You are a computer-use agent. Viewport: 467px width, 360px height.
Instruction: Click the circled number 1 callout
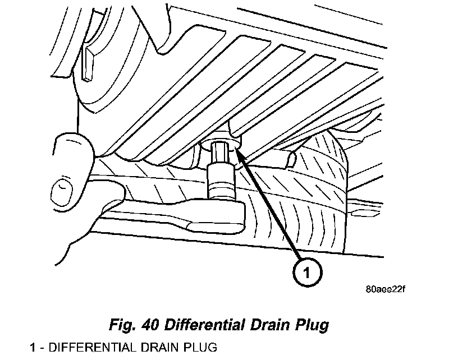[307, 273]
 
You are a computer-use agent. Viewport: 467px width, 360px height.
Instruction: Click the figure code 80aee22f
[385, 290]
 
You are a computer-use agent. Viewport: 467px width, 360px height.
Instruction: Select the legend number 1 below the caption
[33, 347]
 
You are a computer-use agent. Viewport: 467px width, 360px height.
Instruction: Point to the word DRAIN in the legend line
[156, 347]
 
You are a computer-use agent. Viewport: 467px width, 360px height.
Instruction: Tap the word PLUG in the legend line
[200, 347]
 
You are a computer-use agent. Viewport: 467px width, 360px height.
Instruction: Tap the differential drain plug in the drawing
[222, 138]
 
